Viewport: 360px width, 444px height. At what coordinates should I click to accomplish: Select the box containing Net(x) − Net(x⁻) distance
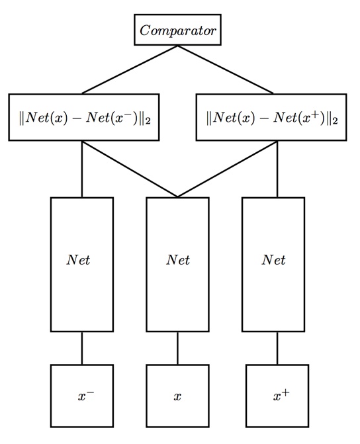pyautogui.click(x=83, y=118)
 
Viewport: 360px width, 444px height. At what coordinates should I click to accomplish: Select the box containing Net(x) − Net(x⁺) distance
pyautogui.click(x=272, y=118)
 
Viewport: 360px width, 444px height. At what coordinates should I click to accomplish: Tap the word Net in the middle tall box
pyautogui.click(x=177, y=260)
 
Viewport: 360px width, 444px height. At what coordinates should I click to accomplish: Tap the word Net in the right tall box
pyautogui.click(x=273, y=260)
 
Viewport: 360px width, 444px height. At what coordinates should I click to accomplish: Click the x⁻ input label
pyautogui.click(x=86, y=396)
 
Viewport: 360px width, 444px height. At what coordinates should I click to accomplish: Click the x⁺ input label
pyautogui.click(x=281, y=396)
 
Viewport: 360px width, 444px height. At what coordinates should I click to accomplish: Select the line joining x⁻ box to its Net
pyautogui.click(x=82, y=348)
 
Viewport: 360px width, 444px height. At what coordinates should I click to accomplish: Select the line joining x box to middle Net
pyautogui.click(x=177, y=348)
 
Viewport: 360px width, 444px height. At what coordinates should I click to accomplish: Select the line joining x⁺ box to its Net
pyautogui.click(x=277, y=348)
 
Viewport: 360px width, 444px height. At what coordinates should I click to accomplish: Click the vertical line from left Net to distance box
pyautogui.click(x=82, y=169)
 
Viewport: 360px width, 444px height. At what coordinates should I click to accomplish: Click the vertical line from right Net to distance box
pyautogui.click(x=277, y=169)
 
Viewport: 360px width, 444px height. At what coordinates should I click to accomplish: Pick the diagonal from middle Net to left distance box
pyautogui.click(x=130, y=169)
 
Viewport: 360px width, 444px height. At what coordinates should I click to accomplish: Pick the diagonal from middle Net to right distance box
pyautogui.click(x=227, y=169)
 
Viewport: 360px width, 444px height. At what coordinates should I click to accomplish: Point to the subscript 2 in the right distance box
pyautogui.click(x=337, y=122)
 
